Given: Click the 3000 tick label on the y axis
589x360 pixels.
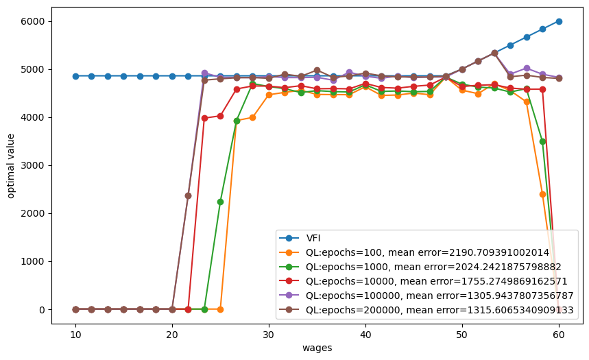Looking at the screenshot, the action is tap(33, 165).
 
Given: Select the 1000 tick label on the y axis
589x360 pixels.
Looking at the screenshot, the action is tap(33, 261).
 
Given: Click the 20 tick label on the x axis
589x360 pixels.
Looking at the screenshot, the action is tap(172, 335).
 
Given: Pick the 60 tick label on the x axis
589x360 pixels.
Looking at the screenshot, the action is tap(559, 335).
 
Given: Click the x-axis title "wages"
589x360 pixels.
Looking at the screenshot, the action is tap(317, 348).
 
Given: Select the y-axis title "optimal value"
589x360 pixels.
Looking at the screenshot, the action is tap(10, 166).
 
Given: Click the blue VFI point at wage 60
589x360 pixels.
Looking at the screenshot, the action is tap(559, 21).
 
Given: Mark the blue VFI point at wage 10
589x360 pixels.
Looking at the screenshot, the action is tap(75, 76).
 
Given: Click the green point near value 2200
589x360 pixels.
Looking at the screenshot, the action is tap(221, 202).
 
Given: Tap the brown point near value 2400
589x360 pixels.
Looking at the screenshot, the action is tap(188, 196).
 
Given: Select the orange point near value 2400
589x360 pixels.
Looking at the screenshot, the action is tap(542, 194).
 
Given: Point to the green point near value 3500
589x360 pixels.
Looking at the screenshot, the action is tap(542, 142).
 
